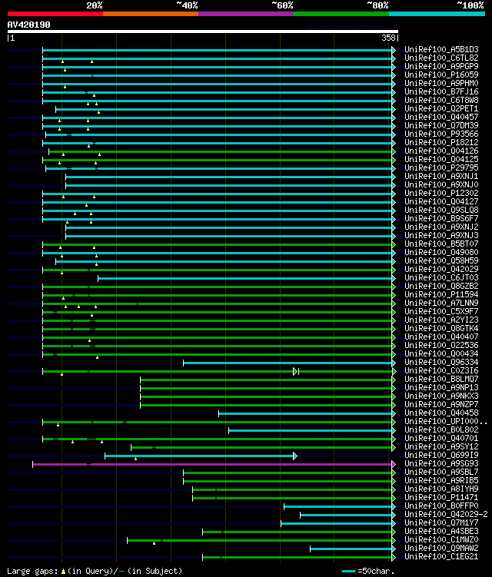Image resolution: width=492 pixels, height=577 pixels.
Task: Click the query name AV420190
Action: click(29, 25)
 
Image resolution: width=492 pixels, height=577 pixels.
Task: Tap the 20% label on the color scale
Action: click(95, 5)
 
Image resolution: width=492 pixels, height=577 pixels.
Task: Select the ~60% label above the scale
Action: click(282, 5)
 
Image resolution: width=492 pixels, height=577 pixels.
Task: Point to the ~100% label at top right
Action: click(470, 5)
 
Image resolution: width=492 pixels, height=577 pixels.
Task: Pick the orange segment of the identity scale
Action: click(150, 13)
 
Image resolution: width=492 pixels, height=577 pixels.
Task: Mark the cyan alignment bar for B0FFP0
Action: click(339, 506)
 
